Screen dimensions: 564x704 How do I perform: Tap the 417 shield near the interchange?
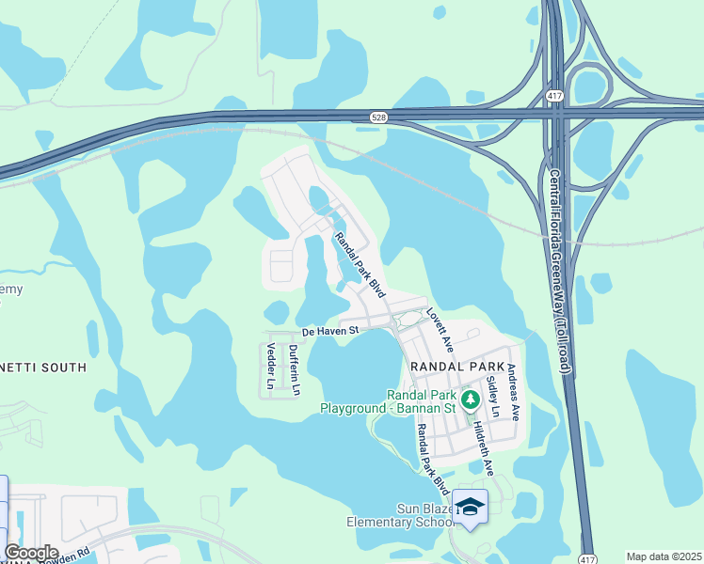point(554,97)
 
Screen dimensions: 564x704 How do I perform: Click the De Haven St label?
point(331,331)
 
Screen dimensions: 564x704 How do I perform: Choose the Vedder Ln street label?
point(270,368)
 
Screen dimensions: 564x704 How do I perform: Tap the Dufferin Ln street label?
point(295,369)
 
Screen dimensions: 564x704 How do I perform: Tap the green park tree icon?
point(471,399)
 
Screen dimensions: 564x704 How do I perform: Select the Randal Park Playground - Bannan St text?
point(388,401)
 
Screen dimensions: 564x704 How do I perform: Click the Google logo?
point(31,553)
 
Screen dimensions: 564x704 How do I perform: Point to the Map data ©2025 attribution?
point(664,556)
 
